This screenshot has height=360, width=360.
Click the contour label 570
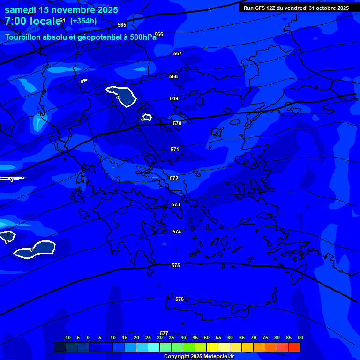177,124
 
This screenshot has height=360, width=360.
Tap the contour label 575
176,266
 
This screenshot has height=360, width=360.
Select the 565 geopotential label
122,25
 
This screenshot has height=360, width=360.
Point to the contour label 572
174,179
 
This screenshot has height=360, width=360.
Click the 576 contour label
180,299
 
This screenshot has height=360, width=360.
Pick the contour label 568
173,76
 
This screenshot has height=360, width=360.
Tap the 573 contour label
176,205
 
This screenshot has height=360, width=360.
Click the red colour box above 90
294,347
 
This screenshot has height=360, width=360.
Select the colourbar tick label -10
67,338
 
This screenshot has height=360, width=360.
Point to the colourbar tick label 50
207,338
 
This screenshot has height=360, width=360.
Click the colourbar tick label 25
148,338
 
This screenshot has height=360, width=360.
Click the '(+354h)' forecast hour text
83,21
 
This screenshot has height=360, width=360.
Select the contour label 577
164,333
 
